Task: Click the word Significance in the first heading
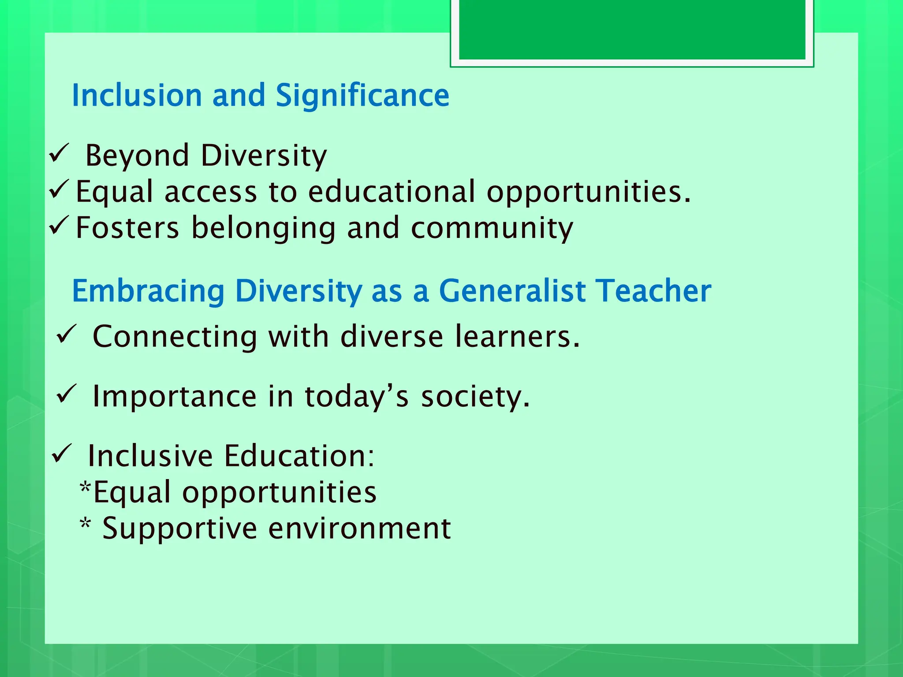(362, 96)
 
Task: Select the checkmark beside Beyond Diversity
(59, 154)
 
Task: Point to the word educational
(392, 192)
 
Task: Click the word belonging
(264, 229)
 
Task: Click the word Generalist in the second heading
(512, 291)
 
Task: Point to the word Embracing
(148, 291)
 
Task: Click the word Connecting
(175, 337)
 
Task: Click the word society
(475, 397)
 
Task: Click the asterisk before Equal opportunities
(86, 487)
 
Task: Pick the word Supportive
(179, 528)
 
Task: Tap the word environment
(359, 528)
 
